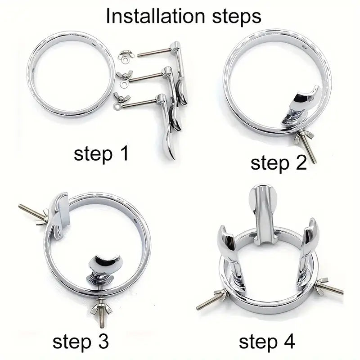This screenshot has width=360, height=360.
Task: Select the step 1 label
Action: (x=101, y=154)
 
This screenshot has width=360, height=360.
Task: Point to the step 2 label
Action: (x=279, y=162)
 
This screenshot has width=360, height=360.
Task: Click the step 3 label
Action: (x=81, y=342)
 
